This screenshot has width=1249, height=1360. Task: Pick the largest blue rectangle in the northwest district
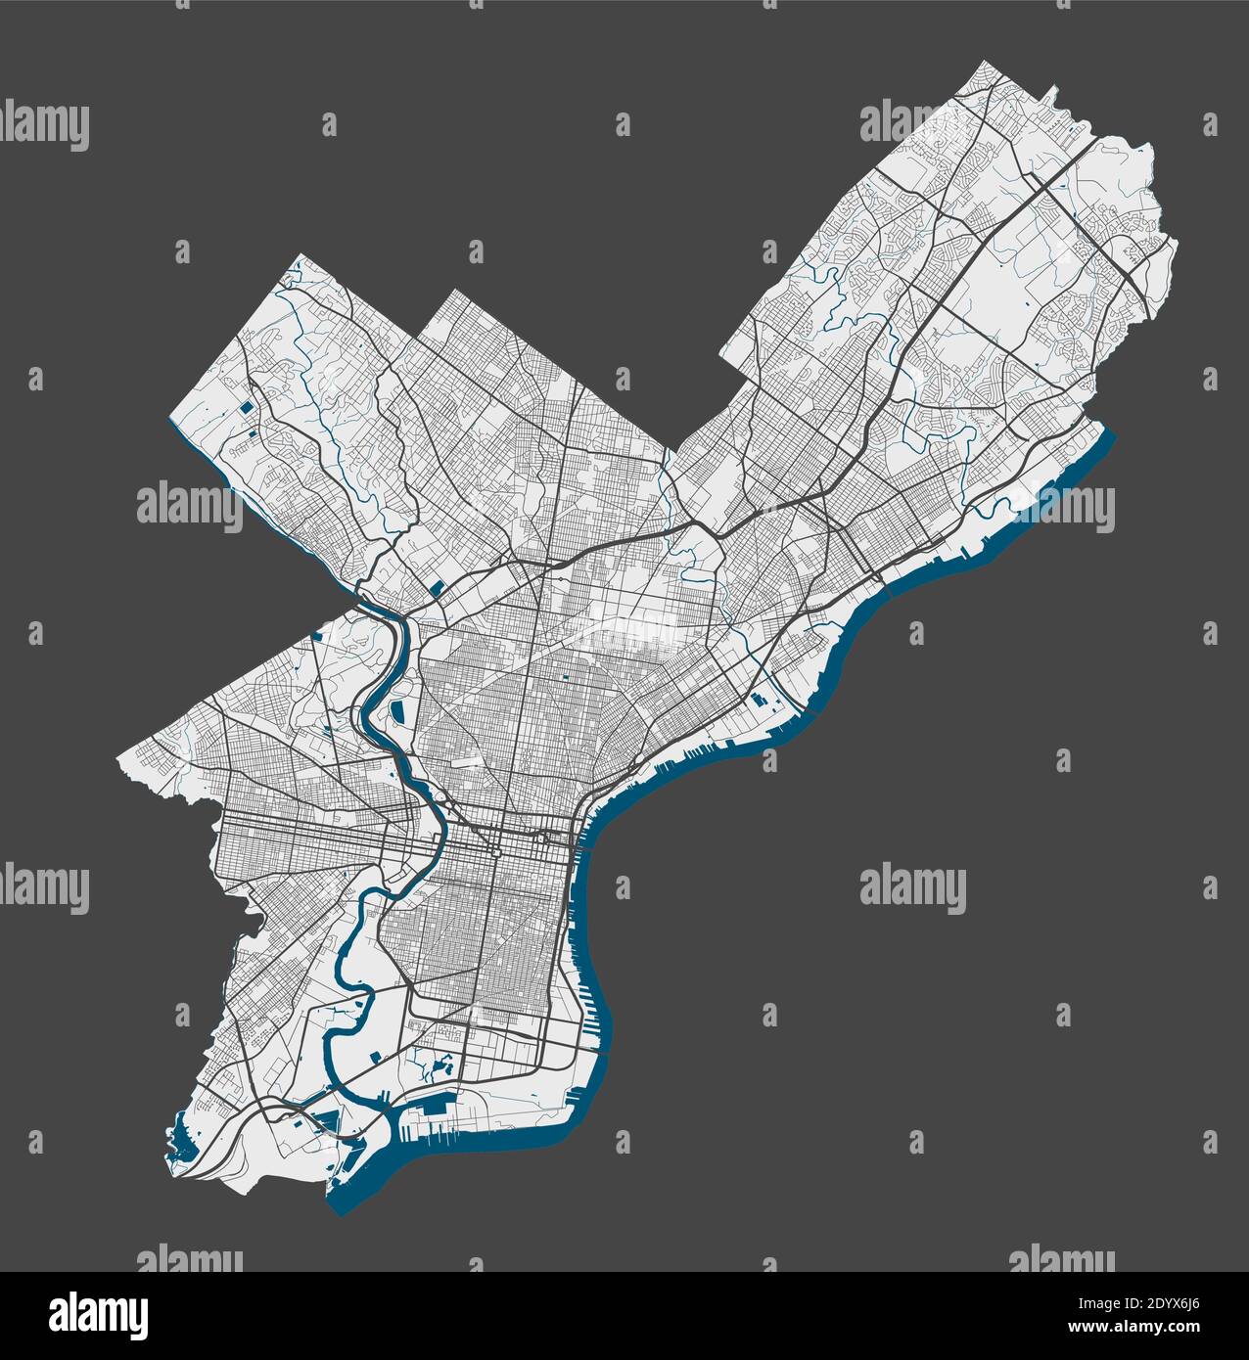pyautogui.click(x=247, y=405)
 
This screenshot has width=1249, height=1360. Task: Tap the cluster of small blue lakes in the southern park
pyautogui.click(x=431, y=1062)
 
